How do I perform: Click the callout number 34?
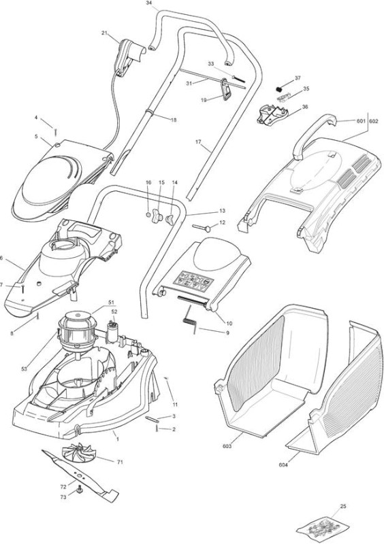[x=148, y=3]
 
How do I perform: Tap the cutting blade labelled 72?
[x=80, y=475]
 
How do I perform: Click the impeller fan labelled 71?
[x=78, y=454]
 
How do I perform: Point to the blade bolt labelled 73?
[x=80, y=489]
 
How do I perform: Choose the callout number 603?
[x=227, y=446]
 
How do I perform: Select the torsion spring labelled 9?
[x=190, y=319]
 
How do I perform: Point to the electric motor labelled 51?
[x=76, y=330]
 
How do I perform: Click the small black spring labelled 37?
[x=278, y=90]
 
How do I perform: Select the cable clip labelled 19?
[x=225, y=89]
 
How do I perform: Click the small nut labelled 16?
[x=148, y=215]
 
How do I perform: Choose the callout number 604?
[x=283, y=465]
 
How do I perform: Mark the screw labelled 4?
[x=56, y=132]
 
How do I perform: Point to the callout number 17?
[x=198, y=142]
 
